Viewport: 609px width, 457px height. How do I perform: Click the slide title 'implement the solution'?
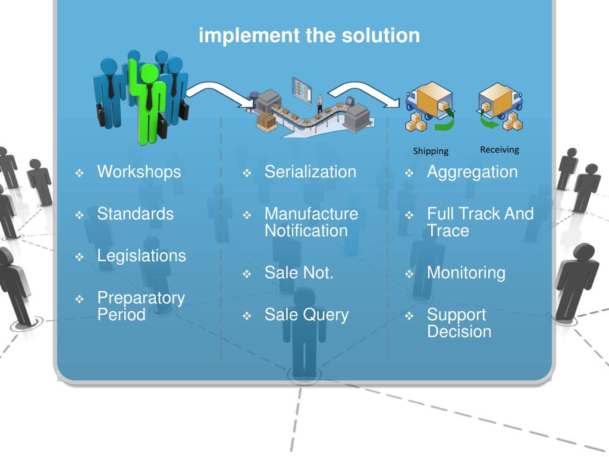pyautogui.click(x=309, y=36)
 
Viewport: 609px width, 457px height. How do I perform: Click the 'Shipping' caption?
pyautogui.click(x=431, y=151)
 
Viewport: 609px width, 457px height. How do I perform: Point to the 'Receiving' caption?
pyautogui.click(x=500, y=149)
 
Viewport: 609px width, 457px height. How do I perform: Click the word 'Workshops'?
pyautogui.click(x=139, y=172)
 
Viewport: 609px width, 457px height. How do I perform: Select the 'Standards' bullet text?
pyautogui.click(x=136, y=214)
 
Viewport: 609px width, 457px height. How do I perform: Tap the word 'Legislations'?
pyautogui.click(x=142, y=256)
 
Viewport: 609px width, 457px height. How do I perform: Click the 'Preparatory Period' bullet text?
pyautogui.click(x=141, y=306)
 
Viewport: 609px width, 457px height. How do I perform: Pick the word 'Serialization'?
pyautogui.click(x=310, y=172)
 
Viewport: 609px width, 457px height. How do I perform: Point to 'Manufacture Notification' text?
pyautogui.click(x=311, y=222)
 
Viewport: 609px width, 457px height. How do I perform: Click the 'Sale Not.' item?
pyautogui.click(x=299, y=273)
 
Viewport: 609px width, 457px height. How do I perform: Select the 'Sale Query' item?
pyautogui.click(x=306, y=315)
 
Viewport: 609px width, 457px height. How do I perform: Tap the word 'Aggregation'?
pyautogui.click(x=472, y=172)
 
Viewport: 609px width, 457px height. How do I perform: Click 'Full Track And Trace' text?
pyautogui.click(x=480, y=222)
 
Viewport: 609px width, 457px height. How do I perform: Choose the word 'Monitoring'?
pyautogui.click(x=466, y=273)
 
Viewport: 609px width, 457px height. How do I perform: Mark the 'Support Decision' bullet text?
pyautogui.click(x=459, y=323)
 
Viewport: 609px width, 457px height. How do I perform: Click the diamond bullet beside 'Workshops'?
pyautogui.click(x=80, y=174)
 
